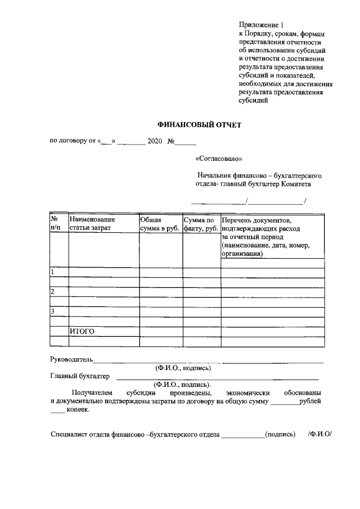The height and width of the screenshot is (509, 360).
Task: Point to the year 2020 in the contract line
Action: tap(155, 141)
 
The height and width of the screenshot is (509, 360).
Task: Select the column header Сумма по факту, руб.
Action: tap(201, 224)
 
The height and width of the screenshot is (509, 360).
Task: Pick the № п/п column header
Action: tap(56, 224)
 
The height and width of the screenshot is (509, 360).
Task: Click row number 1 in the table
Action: tap(53, 273)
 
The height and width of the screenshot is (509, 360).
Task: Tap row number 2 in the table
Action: tap(53, 291)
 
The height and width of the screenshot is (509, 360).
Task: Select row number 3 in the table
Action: tap(53, 311)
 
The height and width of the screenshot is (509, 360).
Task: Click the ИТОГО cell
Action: tap(82, 331)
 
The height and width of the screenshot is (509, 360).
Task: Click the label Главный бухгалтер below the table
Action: tap(80, 376)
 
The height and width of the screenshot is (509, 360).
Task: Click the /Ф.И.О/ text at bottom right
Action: tap(321, 434)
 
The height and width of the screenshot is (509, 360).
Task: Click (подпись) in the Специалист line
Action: tap(280, 434)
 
